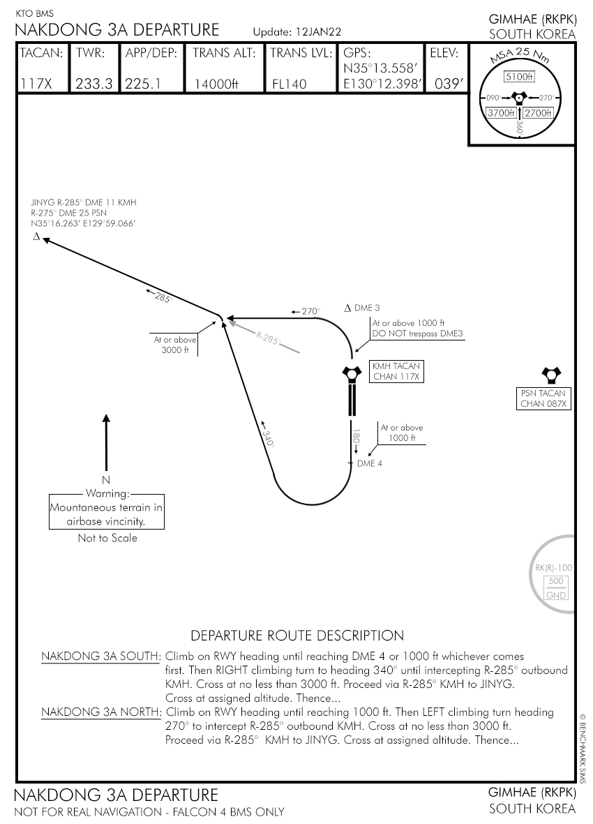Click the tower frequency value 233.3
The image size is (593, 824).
point(93,84)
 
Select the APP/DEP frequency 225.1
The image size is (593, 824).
point(143,84)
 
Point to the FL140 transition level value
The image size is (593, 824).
point(290,84)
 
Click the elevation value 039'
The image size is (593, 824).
point(449,84)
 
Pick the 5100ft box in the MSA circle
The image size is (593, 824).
point(519,77)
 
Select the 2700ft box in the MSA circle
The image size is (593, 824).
point(538,112)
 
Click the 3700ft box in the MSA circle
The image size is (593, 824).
point(501,112)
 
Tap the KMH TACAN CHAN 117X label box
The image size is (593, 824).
point(397,371)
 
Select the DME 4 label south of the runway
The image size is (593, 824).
point(369,463)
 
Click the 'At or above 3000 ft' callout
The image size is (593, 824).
point(175,345)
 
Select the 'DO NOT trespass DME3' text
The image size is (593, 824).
point(418,334)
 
